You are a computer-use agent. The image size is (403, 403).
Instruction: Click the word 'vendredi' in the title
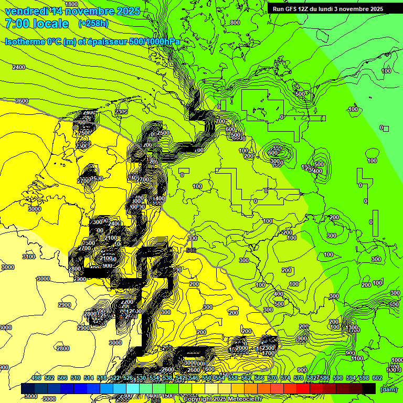(26, 11)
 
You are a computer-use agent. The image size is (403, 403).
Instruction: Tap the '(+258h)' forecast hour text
(93, 24)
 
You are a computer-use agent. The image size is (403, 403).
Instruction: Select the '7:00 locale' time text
(37, 24)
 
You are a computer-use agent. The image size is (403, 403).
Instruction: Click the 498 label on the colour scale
(36, 378)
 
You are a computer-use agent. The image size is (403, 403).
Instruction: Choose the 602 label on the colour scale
(377, 378)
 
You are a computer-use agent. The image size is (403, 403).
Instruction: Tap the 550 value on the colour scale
(207, 378)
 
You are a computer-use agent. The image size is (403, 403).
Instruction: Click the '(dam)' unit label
(388, 389)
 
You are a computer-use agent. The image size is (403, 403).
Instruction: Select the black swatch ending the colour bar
(369, 388)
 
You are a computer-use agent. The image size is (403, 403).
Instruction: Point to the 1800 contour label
(71, 4)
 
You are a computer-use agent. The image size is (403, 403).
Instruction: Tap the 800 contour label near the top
(235, 23)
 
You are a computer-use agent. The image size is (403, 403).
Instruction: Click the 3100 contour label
(29, 257)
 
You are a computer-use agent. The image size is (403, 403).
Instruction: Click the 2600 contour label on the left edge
(22, 101)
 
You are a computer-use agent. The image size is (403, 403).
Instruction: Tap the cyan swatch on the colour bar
(132, 388)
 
